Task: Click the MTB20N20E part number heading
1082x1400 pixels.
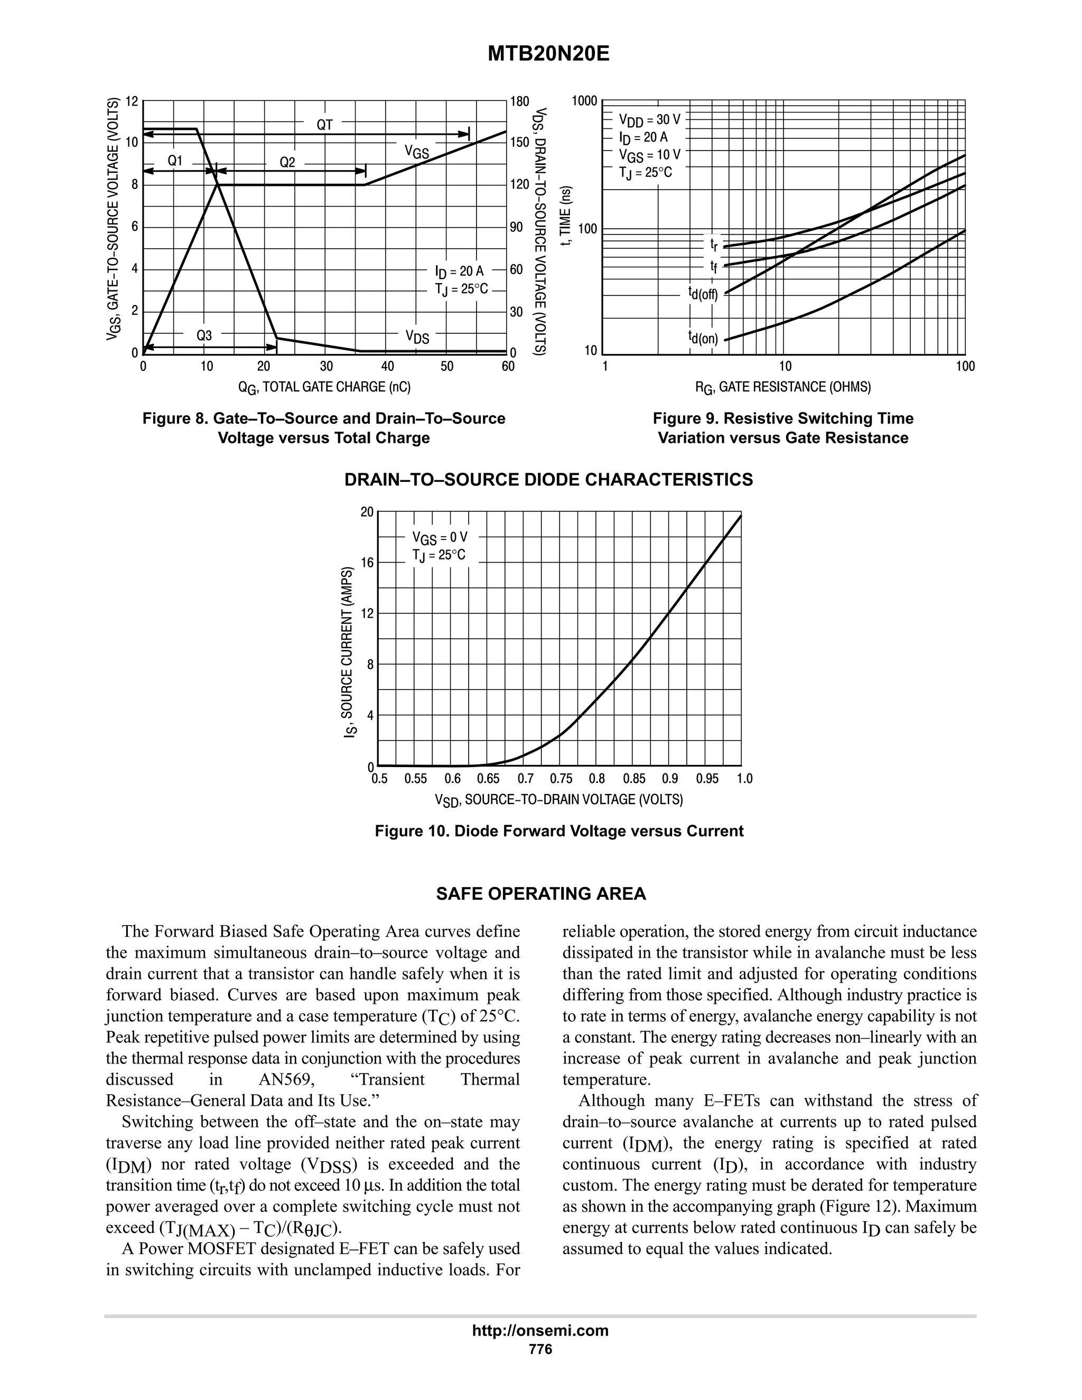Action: (548, 54)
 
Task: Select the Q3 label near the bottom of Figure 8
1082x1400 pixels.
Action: (204, 335)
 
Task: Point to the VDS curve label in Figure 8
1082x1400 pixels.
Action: (417, 337)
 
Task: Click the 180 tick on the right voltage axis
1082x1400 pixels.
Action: (519, 101)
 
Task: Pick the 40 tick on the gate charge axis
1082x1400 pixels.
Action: (387, 366)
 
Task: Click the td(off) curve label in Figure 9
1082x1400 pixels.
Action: (703, 294)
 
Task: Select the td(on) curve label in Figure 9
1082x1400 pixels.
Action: (703, 338)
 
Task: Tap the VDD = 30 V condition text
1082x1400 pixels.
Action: (649, 120)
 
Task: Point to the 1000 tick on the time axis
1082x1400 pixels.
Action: (584, 100)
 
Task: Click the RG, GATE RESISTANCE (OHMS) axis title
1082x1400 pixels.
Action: (783, 387)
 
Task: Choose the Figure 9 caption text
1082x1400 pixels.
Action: (783, 428)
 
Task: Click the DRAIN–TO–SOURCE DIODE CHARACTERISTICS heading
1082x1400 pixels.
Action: (549, 480)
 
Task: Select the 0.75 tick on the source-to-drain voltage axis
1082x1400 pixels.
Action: (561, 779)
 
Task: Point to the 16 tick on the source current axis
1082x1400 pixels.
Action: (367, 563)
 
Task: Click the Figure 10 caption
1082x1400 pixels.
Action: (559, 832)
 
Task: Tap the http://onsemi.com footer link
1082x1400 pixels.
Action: (540, 1331)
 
